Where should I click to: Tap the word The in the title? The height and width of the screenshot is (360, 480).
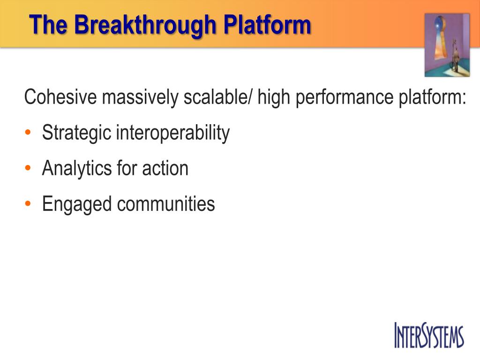point(48,24)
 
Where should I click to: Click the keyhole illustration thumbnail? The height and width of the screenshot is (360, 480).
point(447,45)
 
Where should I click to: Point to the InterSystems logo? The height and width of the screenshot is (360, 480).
point(429,335)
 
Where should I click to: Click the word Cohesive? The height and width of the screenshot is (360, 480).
point(60,97)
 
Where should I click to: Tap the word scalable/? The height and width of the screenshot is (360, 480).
point(218,97)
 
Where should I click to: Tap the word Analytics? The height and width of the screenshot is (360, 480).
point(77,169)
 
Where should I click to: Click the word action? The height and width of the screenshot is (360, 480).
point(165,168)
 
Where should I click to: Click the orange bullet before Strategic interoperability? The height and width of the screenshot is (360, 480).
point(28,133)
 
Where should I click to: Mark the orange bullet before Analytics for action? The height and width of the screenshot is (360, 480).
point(28,168)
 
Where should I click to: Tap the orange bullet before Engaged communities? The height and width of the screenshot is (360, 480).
point(28,203)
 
